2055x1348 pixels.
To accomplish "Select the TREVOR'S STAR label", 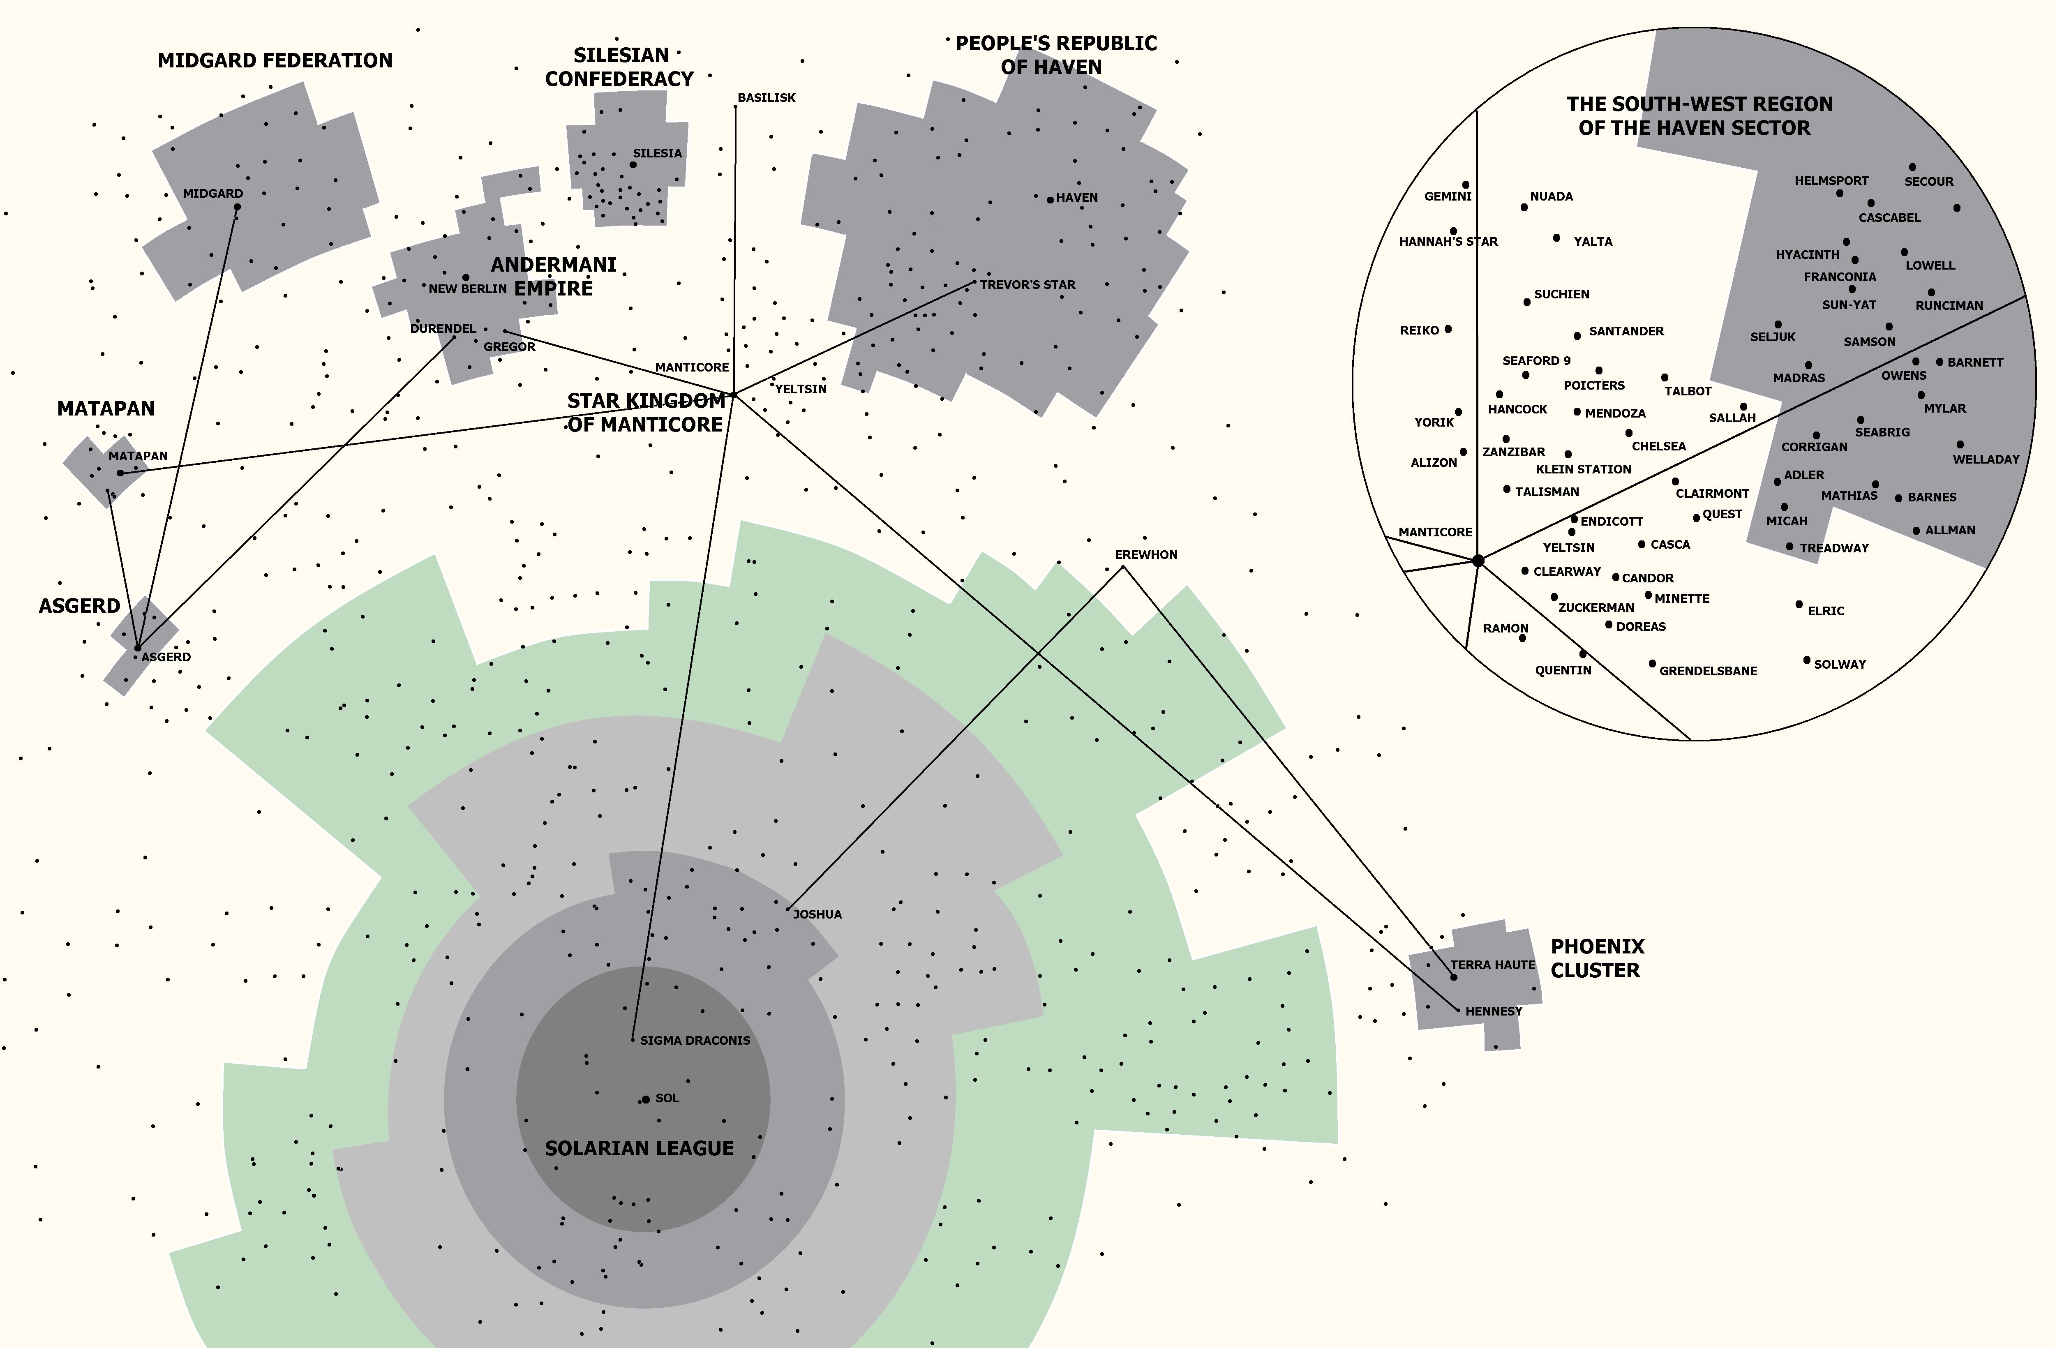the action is point(1027,284).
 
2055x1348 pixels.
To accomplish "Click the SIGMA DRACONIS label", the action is point(695,1041).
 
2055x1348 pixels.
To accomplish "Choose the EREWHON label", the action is point(1146,554).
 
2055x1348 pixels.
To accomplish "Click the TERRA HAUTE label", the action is point(1493,965).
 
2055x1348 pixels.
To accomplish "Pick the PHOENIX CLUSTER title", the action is point(1598,958).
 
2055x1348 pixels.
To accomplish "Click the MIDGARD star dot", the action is point(238,206).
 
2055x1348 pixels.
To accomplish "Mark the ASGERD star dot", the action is point(137,648).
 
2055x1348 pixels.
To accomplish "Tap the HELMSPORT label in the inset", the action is point(1831,180).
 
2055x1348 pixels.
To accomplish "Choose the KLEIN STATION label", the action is point(1584,469).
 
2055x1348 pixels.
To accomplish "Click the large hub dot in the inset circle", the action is point(1478,561).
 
